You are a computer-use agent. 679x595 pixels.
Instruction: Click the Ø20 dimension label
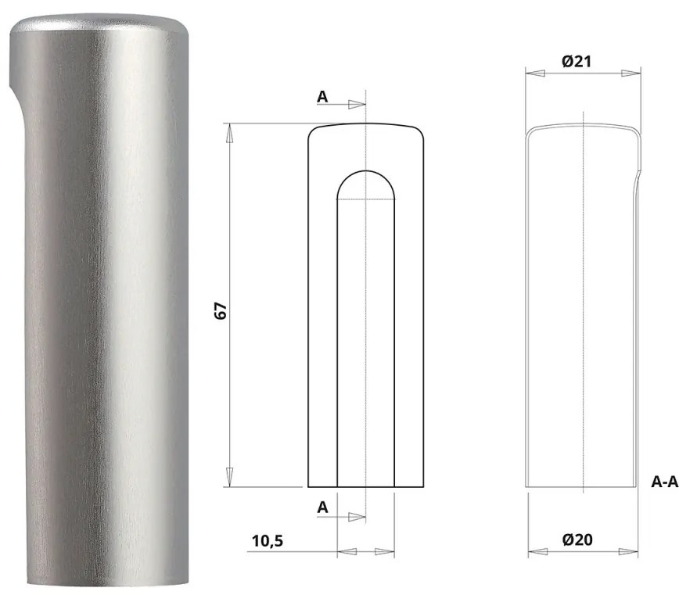pyautogui.click(x=577, y=540)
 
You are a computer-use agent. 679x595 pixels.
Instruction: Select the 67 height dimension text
pyautogui.click(x=221, y=310)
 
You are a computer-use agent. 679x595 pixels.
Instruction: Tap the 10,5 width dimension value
pyautogui.click(x=268, y=540)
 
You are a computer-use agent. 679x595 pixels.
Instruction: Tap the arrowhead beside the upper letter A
pyautogui.click(x=356, y=105)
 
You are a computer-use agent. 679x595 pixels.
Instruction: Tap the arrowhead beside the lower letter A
pyautogui.click(x=356, y=516)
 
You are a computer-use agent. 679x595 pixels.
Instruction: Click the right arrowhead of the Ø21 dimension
pyautogui.click(x=630, y=73)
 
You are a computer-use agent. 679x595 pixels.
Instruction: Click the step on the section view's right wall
pyautogui.click(x=637, y=177)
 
